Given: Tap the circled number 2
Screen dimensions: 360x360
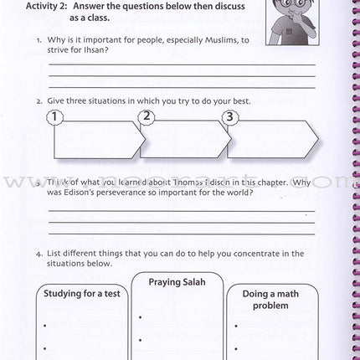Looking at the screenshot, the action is (147, 117).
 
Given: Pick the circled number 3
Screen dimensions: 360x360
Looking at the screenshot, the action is (231, 117).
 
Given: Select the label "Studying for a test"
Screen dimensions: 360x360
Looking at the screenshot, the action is (82, 294).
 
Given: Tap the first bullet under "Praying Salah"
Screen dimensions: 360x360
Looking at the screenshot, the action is (142, 316).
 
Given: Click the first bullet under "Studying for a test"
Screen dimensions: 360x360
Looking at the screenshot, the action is (54, 327).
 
